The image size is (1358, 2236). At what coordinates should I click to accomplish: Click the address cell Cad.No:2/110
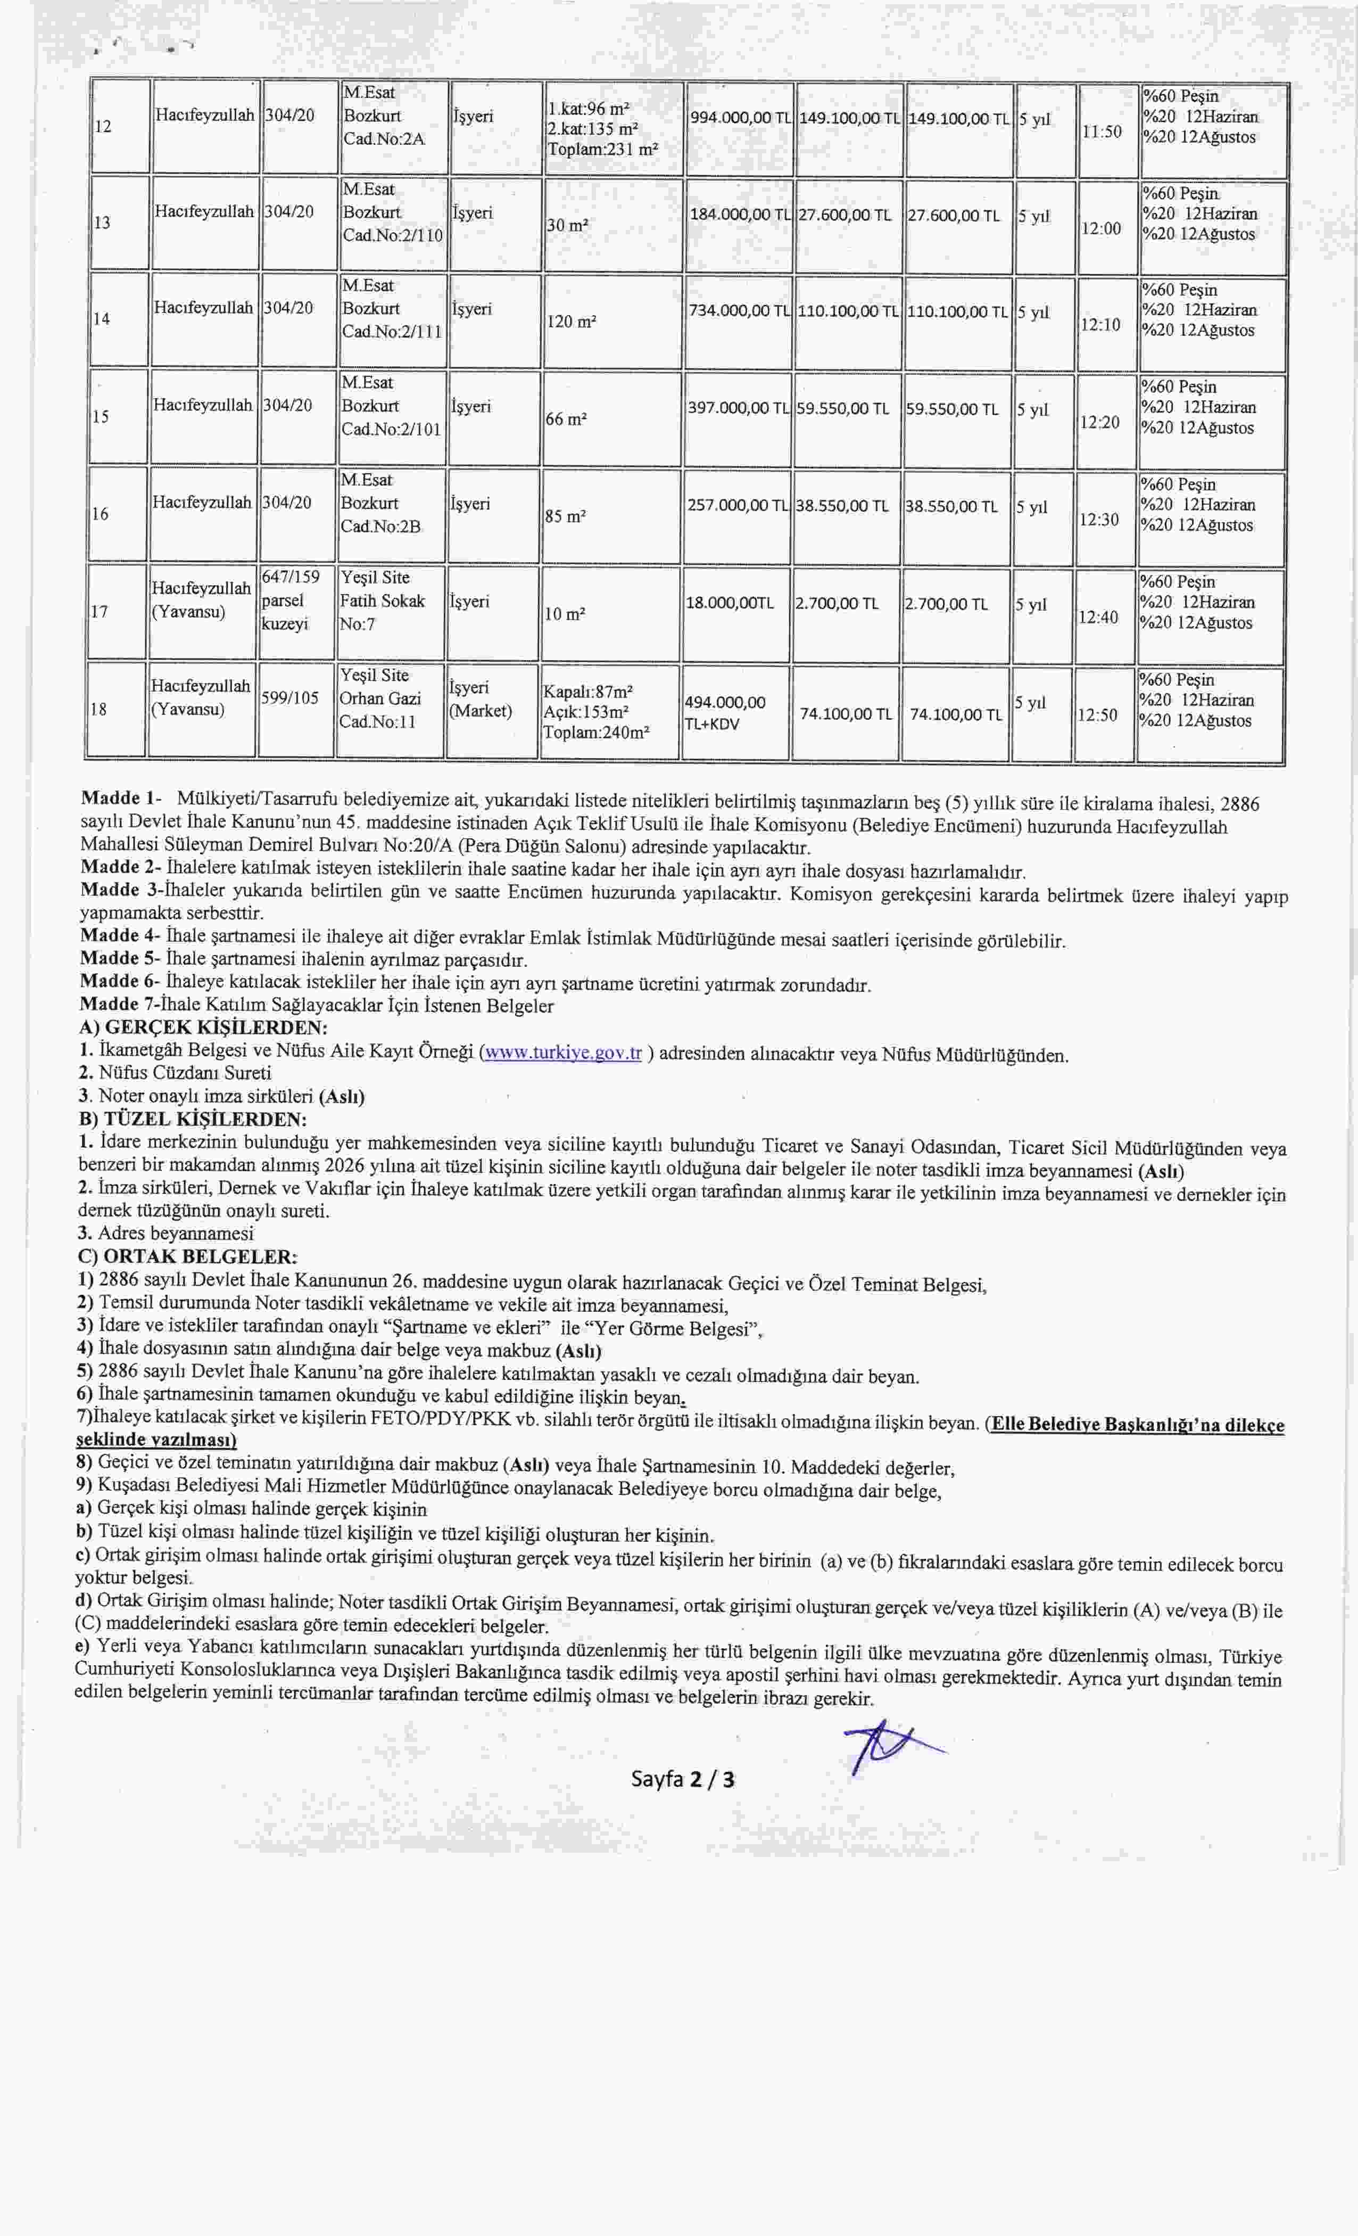pos(392,235)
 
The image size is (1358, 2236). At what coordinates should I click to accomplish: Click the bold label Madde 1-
pos(121,799)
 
